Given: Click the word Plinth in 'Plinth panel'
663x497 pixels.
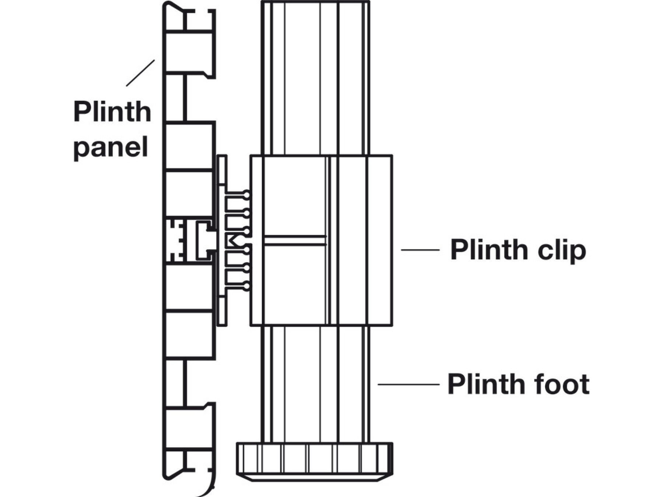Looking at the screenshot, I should (112, 112).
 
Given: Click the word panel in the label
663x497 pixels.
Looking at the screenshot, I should (110, 147).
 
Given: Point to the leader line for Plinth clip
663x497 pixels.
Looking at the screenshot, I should (420, 250).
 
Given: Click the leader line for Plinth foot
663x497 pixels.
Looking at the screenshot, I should (408, 384).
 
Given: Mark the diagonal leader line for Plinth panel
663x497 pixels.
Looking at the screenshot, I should (140, 73).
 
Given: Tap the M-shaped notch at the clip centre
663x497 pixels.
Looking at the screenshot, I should (233, 241).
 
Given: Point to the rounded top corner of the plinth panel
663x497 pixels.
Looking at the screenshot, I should (168, 6).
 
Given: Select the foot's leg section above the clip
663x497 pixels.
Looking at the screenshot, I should (315, 77).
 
